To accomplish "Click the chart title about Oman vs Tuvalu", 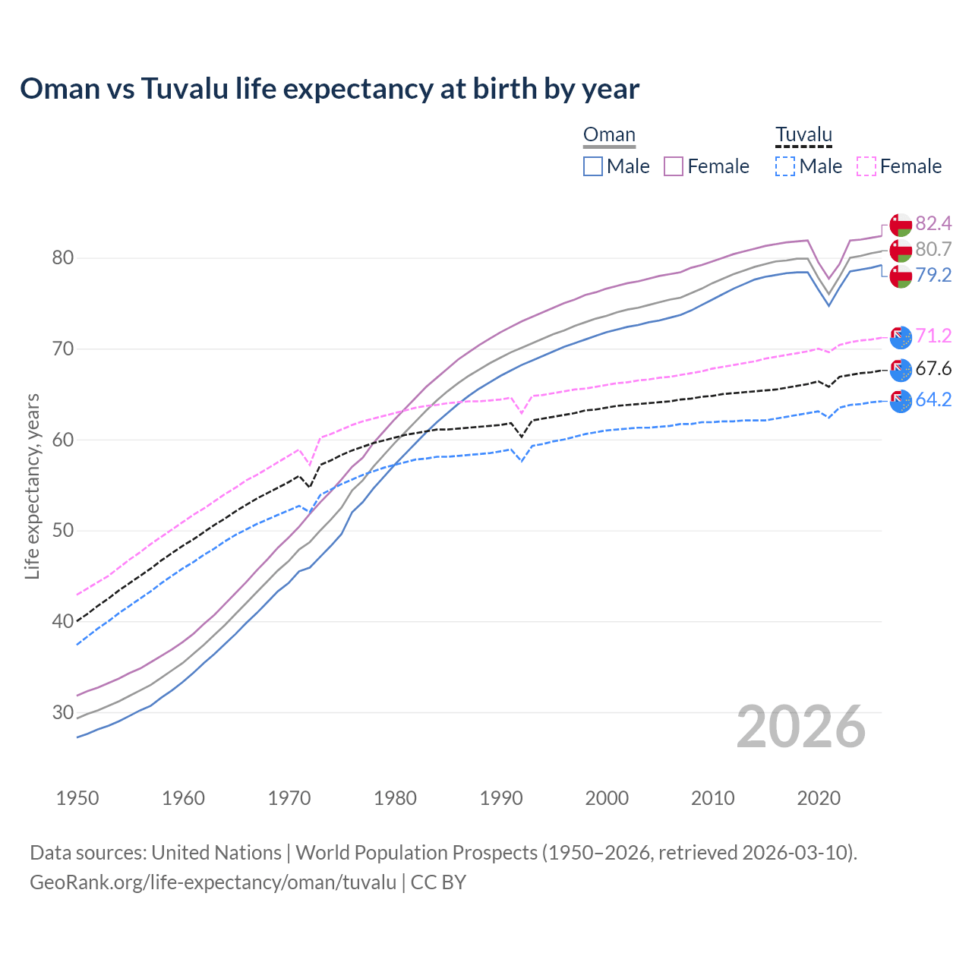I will coord(330,89).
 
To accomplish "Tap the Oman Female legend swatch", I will coord(674,166).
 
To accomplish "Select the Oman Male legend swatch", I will coord(593,166).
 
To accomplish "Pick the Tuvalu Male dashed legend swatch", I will coord(785,166).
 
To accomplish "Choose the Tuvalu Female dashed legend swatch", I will coord(866,166).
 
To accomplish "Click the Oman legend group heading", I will coord(609,135).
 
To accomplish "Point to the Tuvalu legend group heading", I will coord(803,135).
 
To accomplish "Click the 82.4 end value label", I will coord(933,223).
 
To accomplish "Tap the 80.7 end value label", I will coord(933,249).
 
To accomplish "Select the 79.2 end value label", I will coord(933,275).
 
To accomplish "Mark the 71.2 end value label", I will coord(933,336).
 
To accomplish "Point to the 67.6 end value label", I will coord(933,369).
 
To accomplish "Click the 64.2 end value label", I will coord(933,399).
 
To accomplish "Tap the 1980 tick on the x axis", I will coord(395,798).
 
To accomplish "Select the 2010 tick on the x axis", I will coord(712,798).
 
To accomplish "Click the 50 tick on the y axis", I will coord(63,531).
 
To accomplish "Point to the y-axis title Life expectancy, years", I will coord(32,486).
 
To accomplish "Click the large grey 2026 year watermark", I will coord(800,727).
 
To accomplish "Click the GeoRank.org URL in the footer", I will coord(213,882).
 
